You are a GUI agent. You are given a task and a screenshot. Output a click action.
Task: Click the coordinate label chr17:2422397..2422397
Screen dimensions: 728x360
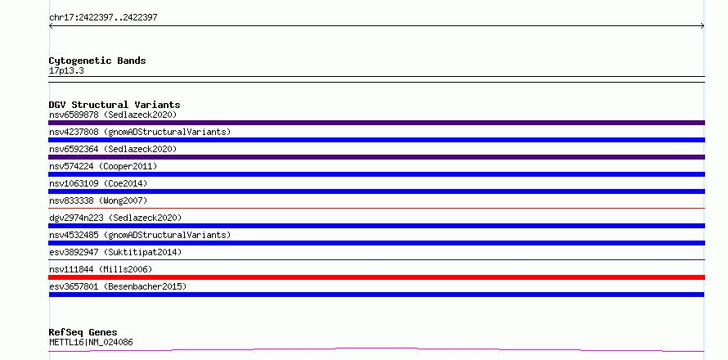click(x=103, y=18)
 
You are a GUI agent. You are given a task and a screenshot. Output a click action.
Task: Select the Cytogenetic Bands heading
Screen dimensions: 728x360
click(x=97, y=61)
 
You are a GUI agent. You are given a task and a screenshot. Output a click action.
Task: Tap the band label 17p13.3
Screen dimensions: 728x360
click(x=66, y=71)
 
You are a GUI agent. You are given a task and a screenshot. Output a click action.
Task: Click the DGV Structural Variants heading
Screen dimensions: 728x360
click(x=115, y=105)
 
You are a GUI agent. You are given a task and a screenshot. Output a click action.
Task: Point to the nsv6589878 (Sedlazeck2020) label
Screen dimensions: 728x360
click(x=113, y=115)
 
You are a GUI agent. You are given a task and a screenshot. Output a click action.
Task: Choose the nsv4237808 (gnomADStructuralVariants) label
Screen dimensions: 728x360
click(x=140, y=132)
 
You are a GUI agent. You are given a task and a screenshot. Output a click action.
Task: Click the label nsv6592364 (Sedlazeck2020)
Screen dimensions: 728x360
click(x=113, y=149)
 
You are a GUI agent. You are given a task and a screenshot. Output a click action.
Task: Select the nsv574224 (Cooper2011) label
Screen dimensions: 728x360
click(x=103, y=166)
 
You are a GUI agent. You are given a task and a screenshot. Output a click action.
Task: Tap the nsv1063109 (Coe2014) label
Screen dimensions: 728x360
click(x=98, y=183)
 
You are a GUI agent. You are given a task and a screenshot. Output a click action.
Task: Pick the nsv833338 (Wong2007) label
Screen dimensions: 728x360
click(x=98, y=200)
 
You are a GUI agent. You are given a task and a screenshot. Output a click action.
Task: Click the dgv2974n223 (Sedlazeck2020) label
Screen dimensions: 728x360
click(x=115, y=218)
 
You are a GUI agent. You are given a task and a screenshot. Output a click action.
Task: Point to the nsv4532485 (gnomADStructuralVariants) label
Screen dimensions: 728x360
click(x=140, y=235)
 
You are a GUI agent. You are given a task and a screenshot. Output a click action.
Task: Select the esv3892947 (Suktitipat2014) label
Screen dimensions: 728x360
click(x=115, y=252)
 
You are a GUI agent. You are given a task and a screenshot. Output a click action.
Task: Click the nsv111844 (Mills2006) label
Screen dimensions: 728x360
click(x=101, y=269)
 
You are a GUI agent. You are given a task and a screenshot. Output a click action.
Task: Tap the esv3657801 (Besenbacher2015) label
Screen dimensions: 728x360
click(x=118, y=286)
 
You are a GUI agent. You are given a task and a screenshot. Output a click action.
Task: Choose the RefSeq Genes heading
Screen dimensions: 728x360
click(x=83, y=333)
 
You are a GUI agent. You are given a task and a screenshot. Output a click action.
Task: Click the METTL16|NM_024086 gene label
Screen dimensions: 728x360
click(x=91, y=343)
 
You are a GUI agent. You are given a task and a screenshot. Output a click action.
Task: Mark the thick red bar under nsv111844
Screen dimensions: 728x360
click(x=376, y=277)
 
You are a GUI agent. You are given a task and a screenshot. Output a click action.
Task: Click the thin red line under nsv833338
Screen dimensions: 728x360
click(x=376, y=209)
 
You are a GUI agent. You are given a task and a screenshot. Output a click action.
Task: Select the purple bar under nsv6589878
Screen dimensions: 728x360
click(x=376, y=123)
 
